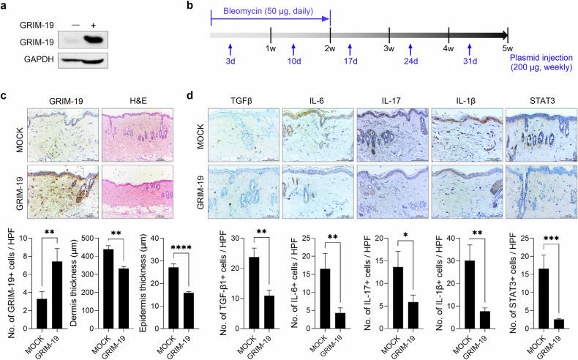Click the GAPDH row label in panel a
(31, 59)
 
